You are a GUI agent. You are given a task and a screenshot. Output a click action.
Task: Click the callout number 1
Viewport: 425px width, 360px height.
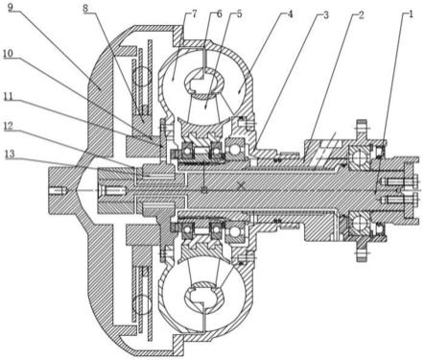point(411,14)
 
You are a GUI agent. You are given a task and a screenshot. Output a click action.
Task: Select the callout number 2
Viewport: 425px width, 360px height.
point(361,14)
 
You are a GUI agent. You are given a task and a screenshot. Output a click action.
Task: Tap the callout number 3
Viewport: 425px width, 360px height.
point(325,15)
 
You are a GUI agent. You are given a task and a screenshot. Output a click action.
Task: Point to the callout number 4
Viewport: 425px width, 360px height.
point(290,14)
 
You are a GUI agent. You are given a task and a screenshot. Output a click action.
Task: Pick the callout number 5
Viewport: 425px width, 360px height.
point(239,14)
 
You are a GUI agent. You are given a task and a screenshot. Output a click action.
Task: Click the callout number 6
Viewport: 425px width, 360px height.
point(219,14)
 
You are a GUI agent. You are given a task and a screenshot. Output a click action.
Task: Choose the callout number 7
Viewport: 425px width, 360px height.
point(195,14)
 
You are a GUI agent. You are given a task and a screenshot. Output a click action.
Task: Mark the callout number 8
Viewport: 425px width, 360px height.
point(85,9)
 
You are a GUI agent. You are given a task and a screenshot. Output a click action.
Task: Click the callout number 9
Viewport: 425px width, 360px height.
point(11,7)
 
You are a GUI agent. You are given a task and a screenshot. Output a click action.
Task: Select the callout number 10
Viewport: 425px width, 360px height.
point(9,54)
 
